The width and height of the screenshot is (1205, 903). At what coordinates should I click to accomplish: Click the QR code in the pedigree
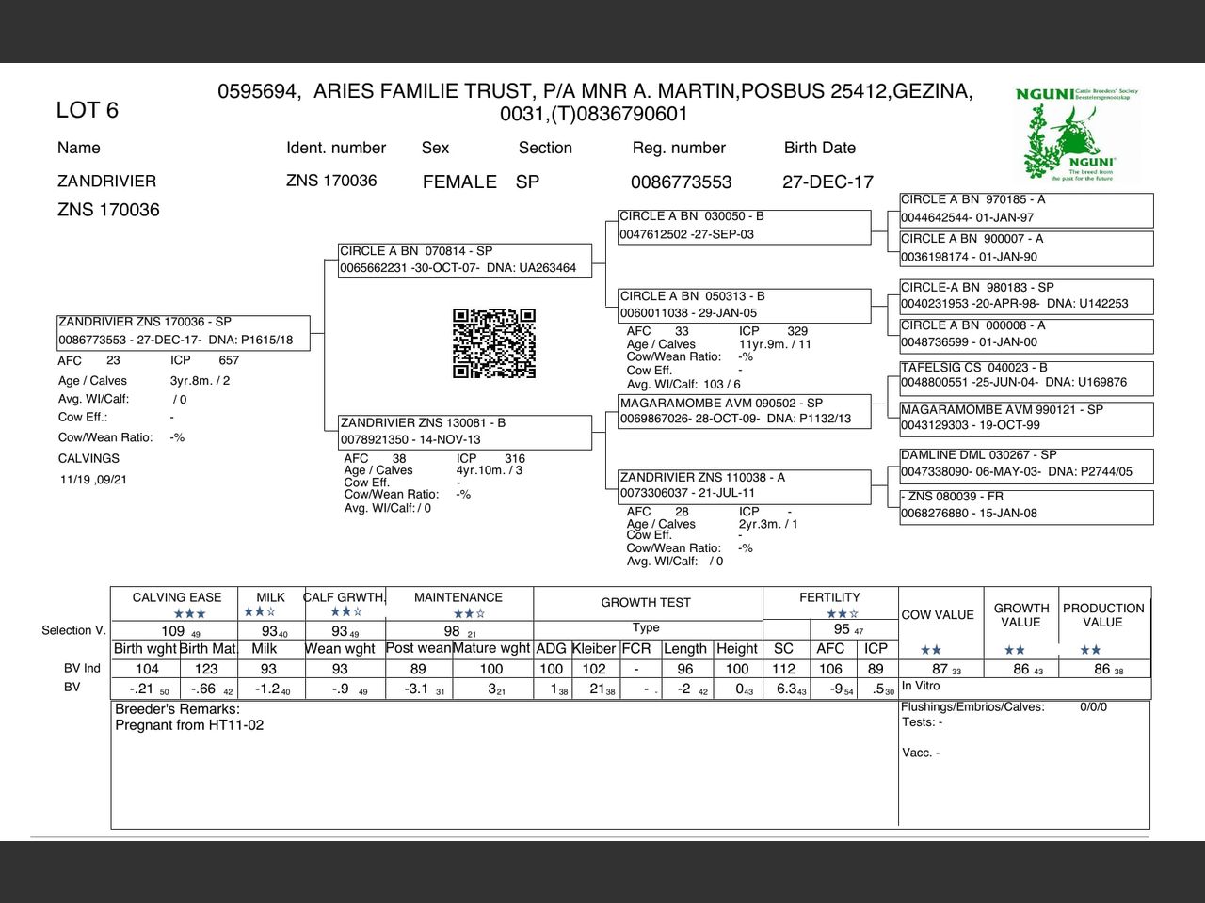[494, 343]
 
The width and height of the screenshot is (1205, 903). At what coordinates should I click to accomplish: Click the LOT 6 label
[88, 110]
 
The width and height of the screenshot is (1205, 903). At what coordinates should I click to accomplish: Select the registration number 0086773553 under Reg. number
[681, 182]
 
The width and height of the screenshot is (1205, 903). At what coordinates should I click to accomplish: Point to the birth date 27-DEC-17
[827, 182]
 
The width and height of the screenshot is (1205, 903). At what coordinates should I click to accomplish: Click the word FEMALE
[459, 182]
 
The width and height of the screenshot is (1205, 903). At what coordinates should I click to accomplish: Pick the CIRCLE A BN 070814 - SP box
[465, 260]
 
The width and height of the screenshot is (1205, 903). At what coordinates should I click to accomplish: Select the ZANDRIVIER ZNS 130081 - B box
[465, 432]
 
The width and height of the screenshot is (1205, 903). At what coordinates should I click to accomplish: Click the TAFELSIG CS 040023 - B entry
[1025, 375]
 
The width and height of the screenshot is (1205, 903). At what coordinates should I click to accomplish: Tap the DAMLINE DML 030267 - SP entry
[1025, 463]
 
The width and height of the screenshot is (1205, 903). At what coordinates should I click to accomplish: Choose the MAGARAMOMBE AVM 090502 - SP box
[744, 411]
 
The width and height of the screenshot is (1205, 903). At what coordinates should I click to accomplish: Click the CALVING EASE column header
[177, 597]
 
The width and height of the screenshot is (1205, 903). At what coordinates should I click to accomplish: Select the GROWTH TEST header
[646, 603]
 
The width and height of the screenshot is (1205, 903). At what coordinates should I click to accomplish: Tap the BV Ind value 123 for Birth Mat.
[206, 669]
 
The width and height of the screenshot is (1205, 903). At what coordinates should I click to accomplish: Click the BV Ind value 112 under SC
[783, 669]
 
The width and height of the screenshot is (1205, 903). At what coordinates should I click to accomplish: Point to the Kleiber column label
[594, 648]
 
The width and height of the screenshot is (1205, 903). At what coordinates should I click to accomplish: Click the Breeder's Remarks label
[177, 709]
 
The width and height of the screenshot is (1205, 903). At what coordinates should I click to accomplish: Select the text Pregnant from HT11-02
[189, 725]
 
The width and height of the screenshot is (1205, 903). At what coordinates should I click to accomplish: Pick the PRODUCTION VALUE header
[1103, 615]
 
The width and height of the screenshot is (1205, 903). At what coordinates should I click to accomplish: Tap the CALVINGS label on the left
[88, 459]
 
